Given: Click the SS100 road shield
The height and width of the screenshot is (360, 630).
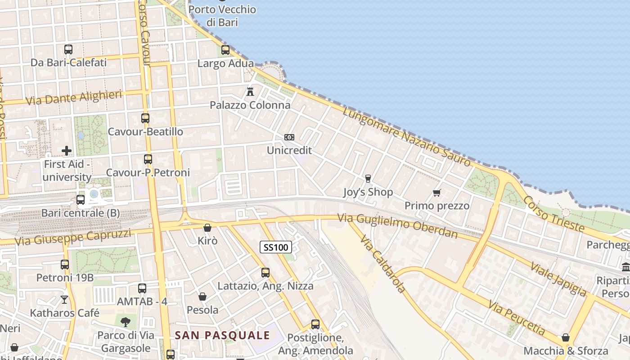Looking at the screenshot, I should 276,247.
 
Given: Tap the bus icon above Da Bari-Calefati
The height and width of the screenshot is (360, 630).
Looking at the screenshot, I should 68,49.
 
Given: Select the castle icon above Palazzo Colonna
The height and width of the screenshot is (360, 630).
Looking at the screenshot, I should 250,92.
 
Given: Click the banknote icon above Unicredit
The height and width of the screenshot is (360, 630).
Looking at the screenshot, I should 289,137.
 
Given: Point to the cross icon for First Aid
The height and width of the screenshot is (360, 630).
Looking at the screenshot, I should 67,151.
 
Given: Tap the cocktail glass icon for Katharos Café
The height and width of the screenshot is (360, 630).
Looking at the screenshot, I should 65,299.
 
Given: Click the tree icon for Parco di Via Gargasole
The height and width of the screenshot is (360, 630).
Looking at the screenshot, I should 126,321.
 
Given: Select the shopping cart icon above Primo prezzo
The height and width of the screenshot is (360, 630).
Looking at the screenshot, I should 436,193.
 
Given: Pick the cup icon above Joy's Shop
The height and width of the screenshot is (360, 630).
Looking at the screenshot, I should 368,179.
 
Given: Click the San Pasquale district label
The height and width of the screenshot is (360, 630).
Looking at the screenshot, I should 222,335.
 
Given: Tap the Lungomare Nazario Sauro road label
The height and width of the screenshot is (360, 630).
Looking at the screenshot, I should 406,137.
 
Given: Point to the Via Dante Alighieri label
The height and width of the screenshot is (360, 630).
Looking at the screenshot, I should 74,98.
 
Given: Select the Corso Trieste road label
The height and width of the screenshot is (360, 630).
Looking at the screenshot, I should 554,215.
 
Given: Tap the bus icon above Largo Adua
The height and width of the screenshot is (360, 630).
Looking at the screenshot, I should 225,50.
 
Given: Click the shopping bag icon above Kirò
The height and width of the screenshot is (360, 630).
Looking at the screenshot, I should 207,228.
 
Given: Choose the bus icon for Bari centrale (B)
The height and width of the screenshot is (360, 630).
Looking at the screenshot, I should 81,199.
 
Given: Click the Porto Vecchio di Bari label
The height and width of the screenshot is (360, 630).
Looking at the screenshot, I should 222,16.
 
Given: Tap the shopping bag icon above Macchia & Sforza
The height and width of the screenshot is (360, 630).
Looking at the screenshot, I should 566,337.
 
